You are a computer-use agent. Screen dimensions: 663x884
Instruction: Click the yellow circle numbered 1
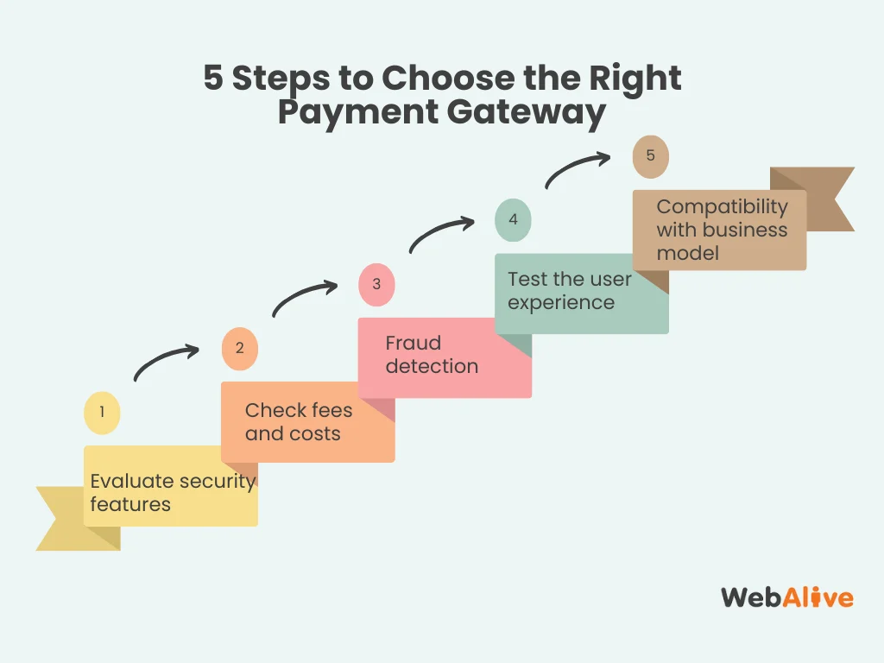click(x=102, y=413)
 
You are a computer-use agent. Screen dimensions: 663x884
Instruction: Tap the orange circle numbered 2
click(x=239, y=349)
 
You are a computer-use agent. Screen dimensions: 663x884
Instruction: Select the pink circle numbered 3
click(x=376, y=284)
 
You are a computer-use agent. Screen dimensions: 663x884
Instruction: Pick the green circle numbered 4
click(x=513, y=219)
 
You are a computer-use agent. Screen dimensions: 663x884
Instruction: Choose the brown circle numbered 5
click(x=651, y=156)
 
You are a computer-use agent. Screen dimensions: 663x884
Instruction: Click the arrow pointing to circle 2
click(x=166, y=361)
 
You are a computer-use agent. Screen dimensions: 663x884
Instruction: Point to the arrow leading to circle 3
click(x=304, y=297)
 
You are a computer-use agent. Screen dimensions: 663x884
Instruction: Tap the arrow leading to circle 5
click(x=577, y=169)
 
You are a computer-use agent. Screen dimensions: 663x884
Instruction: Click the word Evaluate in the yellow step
click(x=130, y=481)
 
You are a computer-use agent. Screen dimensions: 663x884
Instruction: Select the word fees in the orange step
click(x=331, y=411)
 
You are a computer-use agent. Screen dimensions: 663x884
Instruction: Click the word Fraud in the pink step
click(x=414, y=343)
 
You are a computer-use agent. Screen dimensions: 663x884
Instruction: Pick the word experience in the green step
click(x=561, y=302)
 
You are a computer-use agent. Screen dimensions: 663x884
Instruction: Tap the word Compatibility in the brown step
click(x=722, y=207)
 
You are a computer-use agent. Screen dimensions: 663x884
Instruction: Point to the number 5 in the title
click(x=213, y=79)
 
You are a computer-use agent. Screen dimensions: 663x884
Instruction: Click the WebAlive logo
click(x=786, y=597)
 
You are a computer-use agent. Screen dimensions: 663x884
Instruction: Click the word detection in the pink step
click(x=432, y=366)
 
